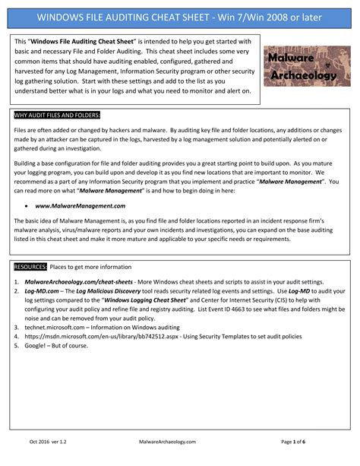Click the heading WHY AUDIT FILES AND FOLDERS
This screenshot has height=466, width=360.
click(x=58, y=116)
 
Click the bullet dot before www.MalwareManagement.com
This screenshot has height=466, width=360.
click(x=28, y=206)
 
